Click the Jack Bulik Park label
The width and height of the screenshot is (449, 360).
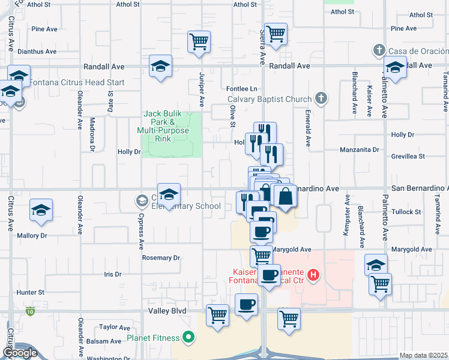tap(165, 126)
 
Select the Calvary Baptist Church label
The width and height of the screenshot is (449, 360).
tap(270, 100)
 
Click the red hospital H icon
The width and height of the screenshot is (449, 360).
tap(312, 275)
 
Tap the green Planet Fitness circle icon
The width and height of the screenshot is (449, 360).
tap(188, 338)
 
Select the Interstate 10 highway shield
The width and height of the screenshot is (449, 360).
tap(30, 311)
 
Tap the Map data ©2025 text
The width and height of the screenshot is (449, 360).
tap(423, 355)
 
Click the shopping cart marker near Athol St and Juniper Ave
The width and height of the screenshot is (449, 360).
tap(198, 42)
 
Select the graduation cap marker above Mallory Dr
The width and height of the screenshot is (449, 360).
tap(41, 210)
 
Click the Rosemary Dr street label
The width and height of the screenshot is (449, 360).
tap(161, 258)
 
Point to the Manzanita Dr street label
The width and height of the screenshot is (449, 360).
tap(360, 149)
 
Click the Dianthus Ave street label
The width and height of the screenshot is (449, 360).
tap(37, 52)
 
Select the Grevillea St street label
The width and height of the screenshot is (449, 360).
tap(405, 156)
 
